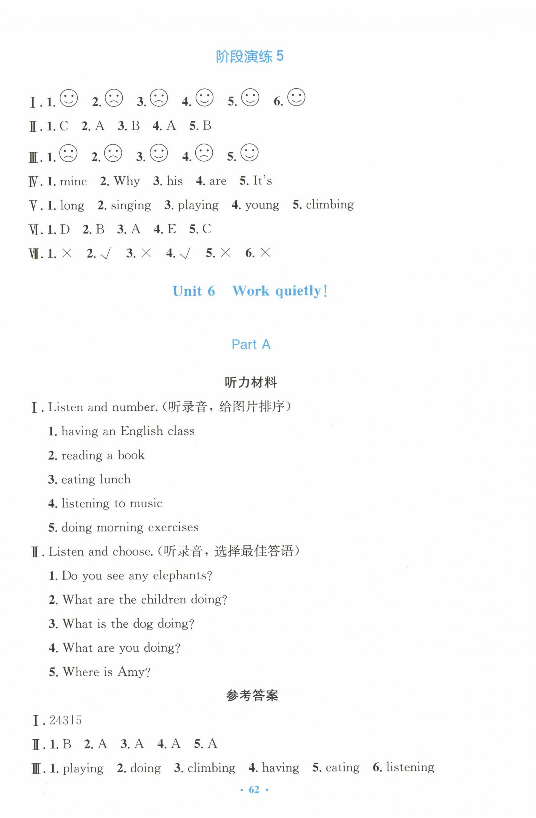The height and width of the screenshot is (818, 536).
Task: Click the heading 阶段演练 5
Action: (250, 57)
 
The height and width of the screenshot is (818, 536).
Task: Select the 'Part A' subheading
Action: (251, 344)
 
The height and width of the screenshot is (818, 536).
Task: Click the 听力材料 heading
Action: (251, 382)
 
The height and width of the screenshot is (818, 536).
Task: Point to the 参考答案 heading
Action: (252, 695)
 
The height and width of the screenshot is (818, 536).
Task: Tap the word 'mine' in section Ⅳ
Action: (73, 181)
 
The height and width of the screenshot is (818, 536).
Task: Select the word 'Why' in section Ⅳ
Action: (127, 181)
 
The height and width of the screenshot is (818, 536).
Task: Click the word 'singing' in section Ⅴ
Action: (131, 206)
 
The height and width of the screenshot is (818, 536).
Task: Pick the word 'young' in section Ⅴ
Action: (262, 205)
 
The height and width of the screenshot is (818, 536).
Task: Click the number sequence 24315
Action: (65, 720)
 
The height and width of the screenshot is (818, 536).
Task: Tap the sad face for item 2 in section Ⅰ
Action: (114, 98)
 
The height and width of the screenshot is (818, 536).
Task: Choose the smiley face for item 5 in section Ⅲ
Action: (250, 153)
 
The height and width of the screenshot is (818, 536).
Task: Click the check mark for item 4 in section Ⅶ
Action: (185, 254)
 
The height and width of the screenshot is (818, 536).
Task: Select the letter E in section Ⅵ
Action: (172, 229)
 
